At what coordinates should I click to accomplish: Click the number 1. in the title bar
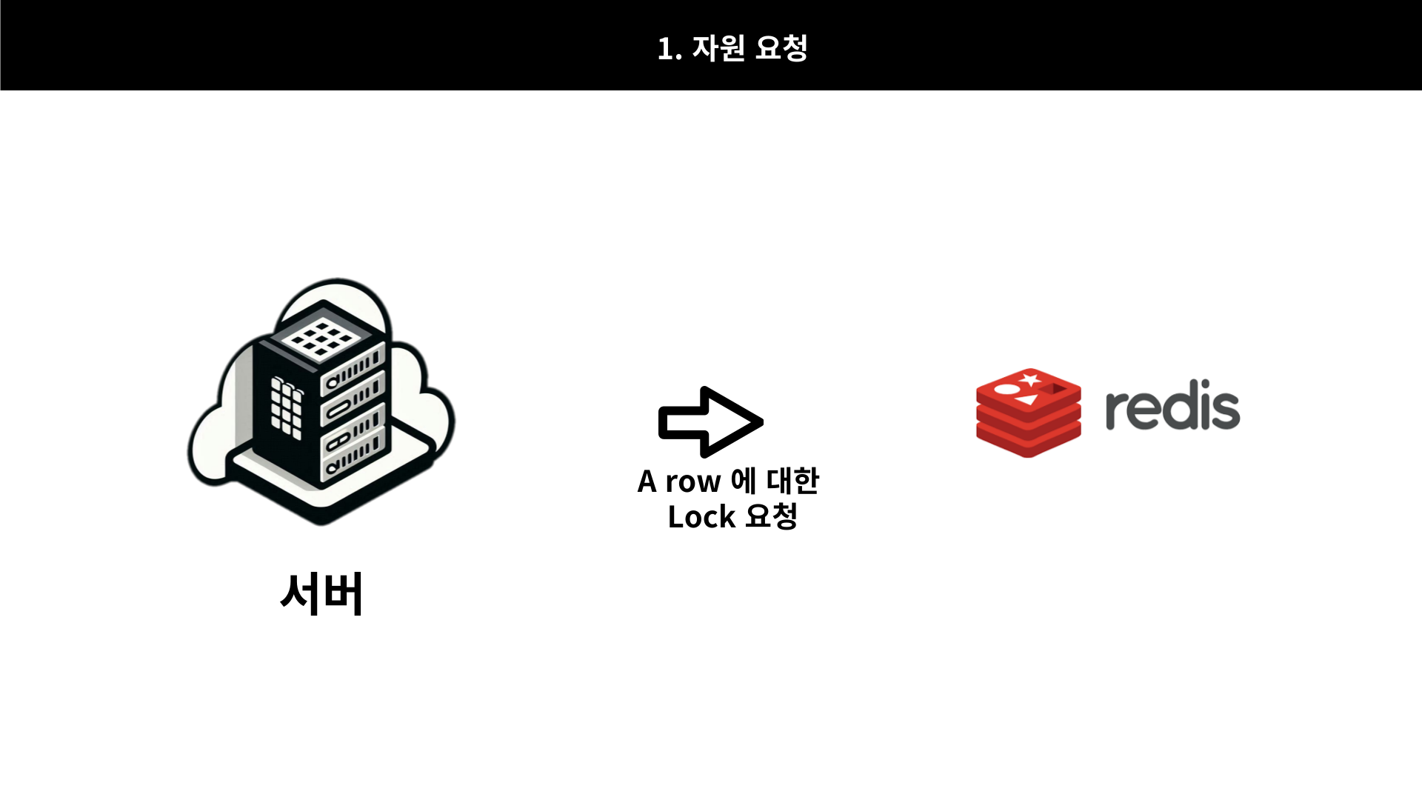668,49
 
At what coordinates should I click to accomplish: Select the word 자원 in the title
718,48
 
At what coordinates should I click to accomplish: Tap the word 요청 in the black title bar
781,48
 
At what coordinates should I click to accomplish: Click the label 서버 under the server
321,593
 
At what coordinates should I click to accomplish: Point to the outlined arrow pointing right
710,421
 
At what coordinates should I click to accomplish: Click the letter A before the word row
647,482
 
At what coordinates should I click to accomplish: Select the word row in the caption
692,482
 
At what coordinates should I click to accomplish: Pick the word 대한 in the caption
792,481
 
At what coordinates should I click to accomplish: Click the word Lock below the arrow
701,517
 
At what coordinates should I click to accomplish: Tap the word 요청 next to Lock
771,516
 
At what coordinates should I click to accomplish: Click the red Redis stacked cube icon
1028,412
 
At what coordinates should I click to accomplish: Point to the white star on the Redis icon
1029,381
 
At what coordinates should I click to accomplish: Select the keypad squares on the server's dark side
286,407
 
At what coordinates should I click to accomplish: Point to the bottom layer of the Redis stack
1028,443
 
